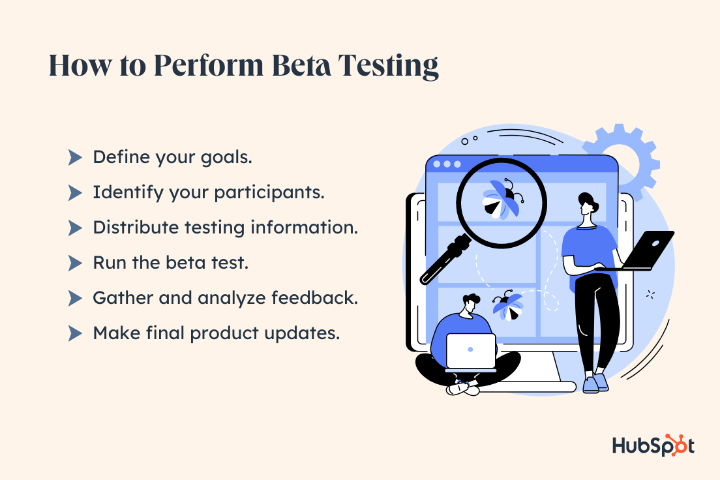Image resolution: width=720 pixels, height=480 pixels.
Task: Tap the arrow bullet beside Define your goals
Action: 75,157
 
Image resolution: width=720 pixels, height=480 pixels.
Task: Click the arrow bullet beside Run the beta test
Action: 75,263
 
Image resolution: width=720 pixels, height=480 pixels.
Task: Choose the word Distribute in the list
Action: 132,228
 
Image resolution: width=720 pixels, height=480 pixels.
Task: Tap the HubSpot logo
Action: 653,445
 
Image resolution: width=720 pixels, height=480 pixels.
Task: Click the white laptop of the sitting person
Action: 471,351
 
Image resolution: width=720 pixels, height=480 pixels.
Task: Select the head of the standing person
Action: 587,204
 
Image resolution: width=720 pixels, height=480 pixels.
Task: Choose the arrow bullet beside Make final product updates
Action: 75,333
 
